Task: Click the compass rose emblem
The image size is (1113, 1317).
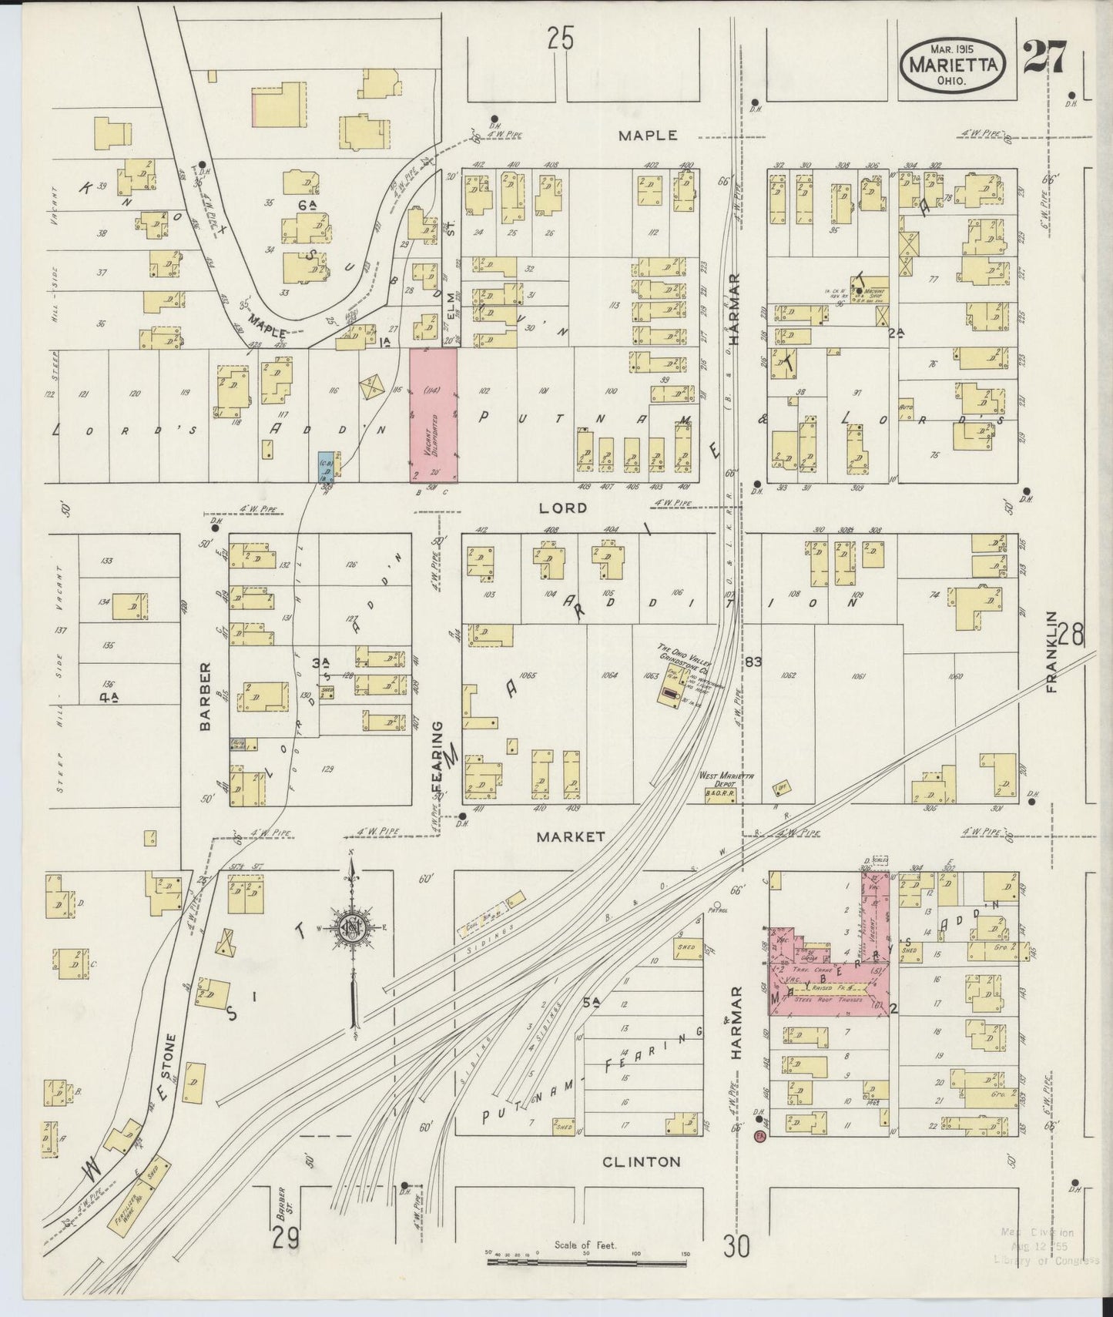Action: [352, 930]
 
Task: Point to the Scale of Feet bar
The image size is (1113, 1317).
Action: [587, 1262]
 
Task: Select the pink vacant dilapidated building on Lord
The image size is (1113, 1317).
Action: [433, 415]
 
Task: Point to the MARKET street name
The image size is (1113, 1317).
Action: [572, 836]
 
